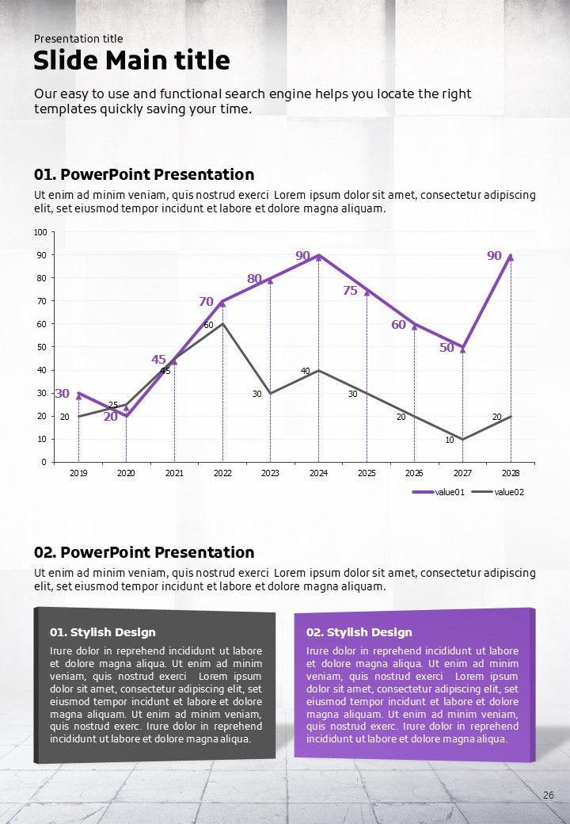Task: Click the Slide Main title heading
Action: tap(131, 60)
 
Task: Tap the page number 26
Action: tap(548, 795)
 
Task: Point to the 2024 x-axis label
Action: tap(318, 473)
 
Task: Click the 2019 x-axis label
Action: tap(78, 473)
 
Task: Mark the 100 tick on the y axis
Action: tap(40, 232)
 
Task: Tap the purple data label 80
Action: tap(254, 279)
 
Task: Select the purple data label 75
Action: tap(350, 291)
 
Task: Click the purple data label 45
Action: tap(158, 360)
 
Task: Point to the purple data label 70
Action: tap(206, 302)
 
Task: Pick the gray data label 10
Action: tap(449, 440)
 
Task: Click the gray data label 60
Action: tap(208, 325)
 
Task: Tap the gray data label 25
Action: tap(113, 405)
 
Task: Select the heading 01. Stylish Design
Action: tap(103, 632)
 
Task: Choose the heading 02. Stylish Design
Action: tap(359, 632)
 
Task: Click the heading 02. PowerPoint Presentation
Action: tap(144, 552)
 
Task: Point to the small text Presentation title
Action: tap(78, 39)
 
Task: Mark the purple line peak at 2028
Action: tap(511, 257)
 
